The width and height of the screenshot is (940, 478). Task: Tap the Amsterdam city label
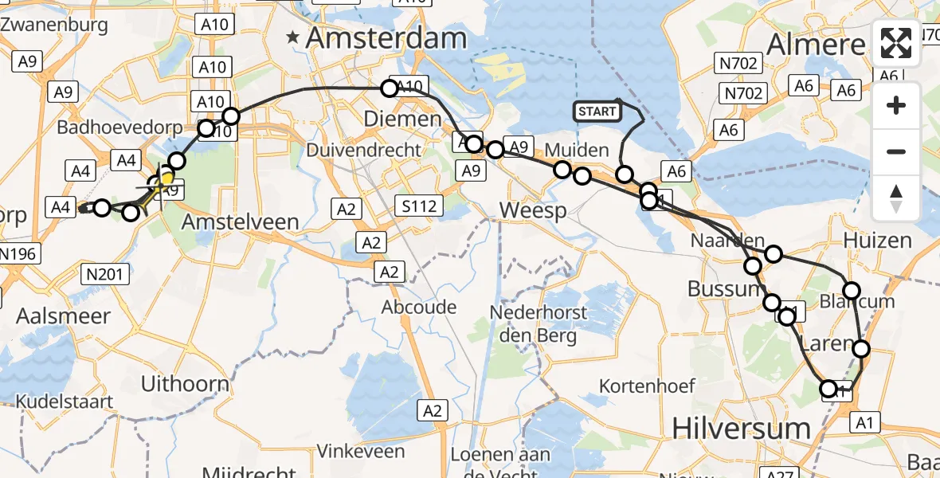click(386, 38)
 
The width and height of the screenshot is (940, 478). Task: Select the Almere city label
click(816, 45)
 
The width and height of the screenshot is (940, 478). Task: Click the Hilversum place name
click(741, 428)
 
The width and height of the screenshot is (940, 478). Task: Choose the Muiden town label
click(577, 150)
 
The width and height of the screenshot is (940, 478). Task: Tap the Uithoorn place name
click(185, 383)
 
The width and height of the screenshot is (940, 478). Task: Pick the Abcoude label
click(419, 308)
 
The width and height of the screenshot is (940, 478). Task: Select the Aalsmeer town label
click(64, 316)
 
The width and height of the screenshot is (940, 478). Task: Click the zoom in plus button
click(896, 105)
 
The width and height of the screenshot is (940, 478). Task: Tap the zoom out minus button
click(896, 151)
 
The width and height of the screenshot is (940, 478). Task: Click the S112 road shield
click(419, 207)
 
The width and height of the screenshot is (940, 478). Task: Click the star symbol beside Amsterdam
click(294, 37)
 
